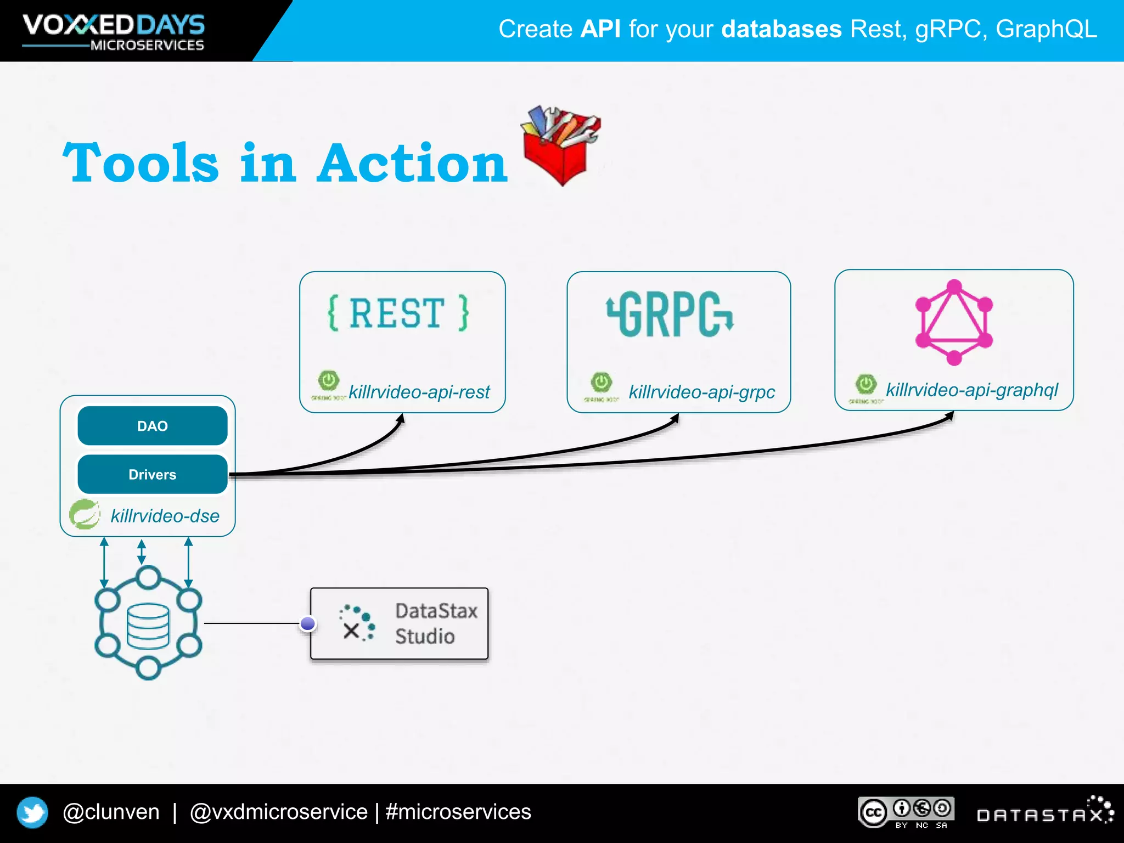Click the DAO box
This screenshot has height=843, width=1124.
pos(152,426)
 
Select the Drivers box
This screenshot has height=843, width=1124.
pos(152,474)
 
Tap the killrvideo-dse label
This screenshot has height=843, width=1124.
pos(165,516)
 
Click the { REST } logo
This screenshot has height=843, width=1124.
pos(398,313)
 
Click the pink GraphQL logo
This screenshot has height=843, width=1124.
pos(954,322)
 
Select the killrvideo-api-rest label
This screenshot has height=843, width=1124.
pos(419,392)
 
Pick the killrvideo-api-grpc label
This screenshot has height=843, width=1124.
pos(701,392)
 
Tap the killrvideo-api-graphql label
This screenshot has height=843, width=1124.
pos(971,390)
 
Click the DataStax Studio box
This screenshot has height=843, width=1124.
pos(399,623)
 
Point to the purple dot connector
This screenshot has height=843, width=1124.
pos(308,623)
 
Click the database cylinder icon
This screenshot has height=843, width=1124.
pos(148,626)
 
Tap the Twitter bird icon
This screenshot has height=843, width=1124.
pos(32,812)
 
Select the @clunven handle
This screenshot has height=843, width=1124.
pos(111,812)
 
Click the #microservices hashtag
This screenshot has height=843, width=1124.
pos(458,812)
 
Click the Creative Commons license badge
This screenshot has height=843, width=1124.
pos(906,812)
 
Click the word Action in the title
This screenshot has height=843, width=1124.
pos(412,163)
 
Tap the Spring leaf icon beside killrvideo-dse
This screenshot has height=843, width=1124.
pos(85,515)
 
